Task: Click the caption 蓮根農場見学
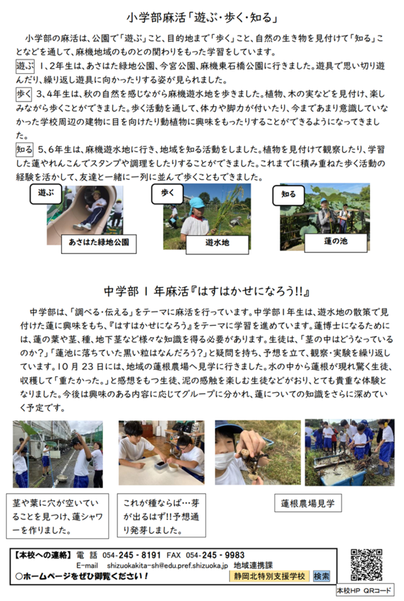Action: click(x=307, y=504)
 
